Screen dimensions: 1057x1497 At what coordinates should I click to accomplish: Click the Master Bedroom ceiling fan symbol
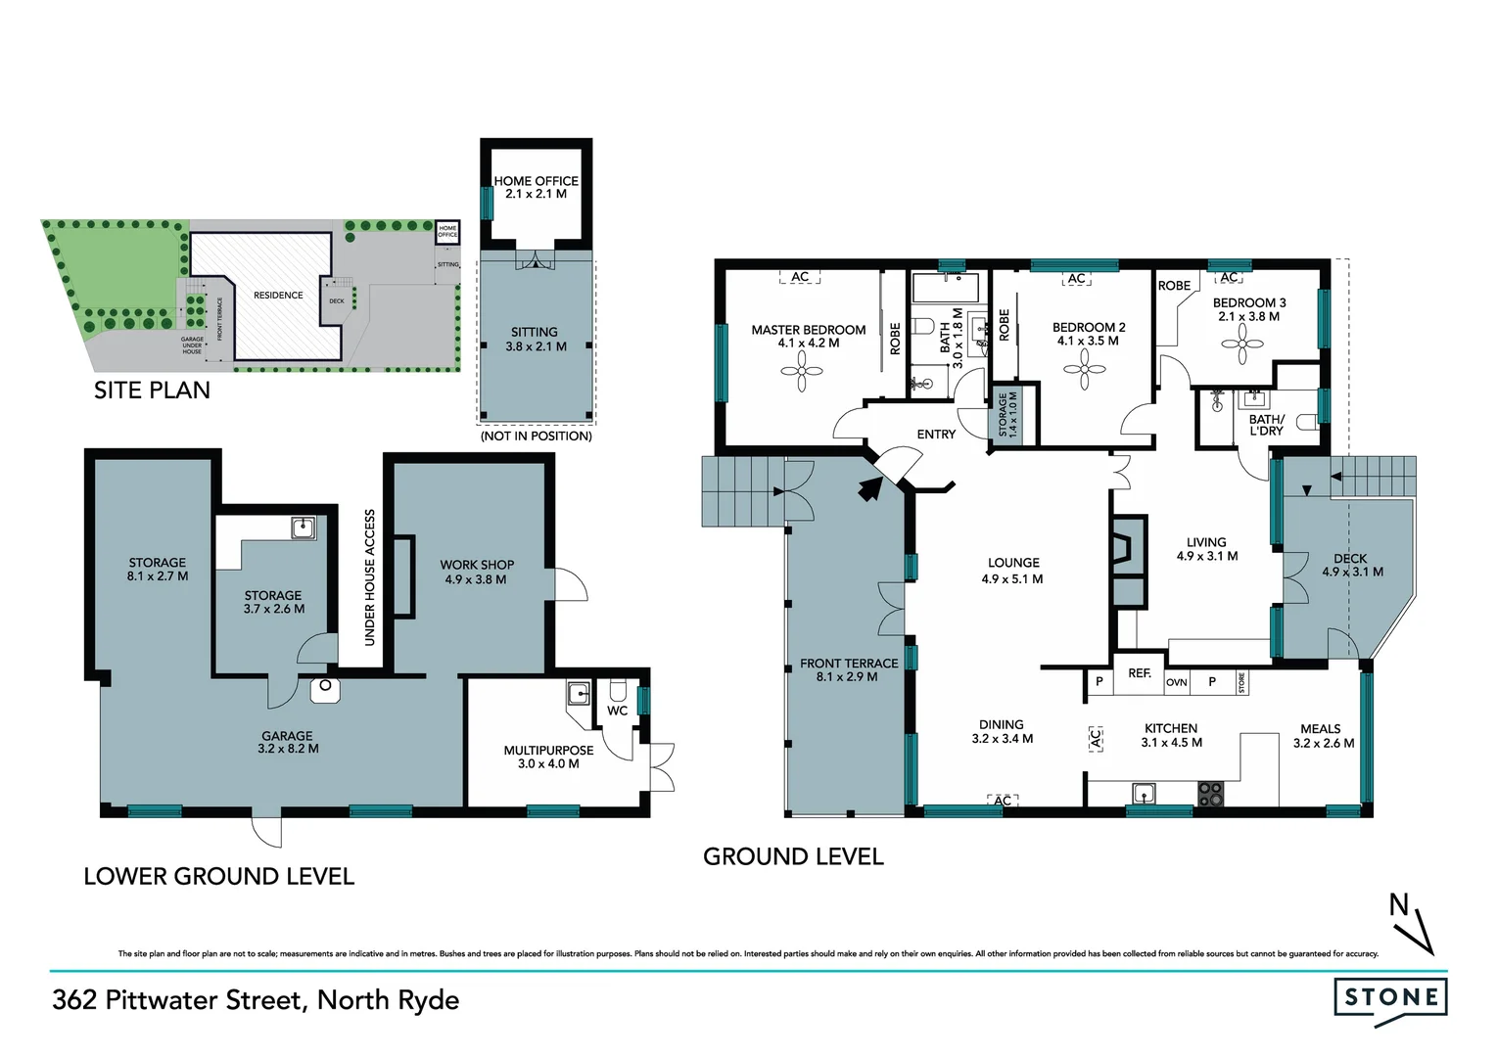coord(801,371)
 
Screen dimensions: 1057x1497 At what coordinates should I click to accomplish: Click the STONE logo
coord(1390,999)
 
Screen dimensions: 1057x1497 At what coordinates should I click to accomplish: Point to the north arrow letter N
coord(1398,906)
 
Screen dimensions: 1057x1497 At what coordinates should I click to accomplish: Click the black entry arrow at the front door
coord(867,488)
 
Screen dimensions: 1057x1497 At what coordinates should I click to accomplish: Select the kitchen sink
coord(1143,793)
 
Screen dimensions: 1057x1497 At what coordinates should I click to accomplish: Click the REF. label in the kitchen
coord(1139,673)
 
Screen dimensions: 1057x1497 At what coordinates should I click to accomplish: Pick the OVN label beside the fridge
coord(1176,682)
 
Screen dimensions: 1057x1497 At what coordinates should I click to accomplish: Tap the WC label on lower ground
coord(617,711)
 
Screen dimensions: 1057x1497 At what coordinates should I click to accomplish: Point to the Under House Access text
coord(370,577)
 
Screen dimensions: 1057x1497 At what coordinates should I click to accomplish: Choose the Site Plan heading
coord(152,391)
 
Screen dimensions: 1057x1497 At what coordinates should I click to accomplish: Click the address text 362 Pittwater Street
coord(256,1000)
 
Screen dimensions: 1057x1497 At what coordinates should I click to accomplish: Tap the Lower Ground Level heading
coord(218,876)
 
